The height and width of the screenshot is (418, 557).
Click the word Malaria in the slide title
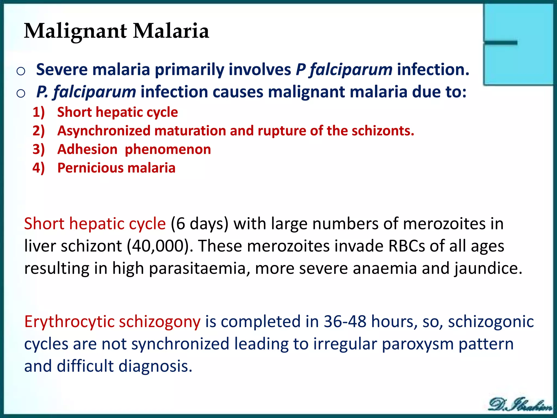[x=171, y=31]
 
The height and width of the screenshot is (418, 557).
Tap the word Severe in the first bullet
[x=62, y=69]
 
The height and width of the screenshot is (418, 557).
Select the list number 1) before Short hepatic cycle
[x=39, y=112]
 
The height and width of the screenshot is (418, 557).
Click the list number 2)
[x=39, y=131]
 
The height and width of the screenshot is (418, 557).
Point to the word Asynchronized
[x=104, y=131]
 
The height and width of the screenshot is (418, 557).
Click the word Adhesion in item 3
[x=87, y=149]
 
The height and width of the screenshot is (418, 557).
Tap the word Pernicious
[x=90, y=168]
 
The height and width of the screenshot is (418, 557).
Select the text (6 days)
[x=199, y=224]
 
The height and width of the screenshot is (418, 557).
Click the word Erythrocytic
[x=69, y=322]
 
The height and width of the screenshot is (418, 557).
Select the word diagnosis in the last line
[x=155, y=366]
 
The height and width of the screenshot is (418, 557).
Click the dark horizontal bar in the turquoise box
[x=500, y=43]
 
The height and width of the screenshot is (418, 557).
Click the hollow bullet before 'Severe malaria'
[x=21, y=71]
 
